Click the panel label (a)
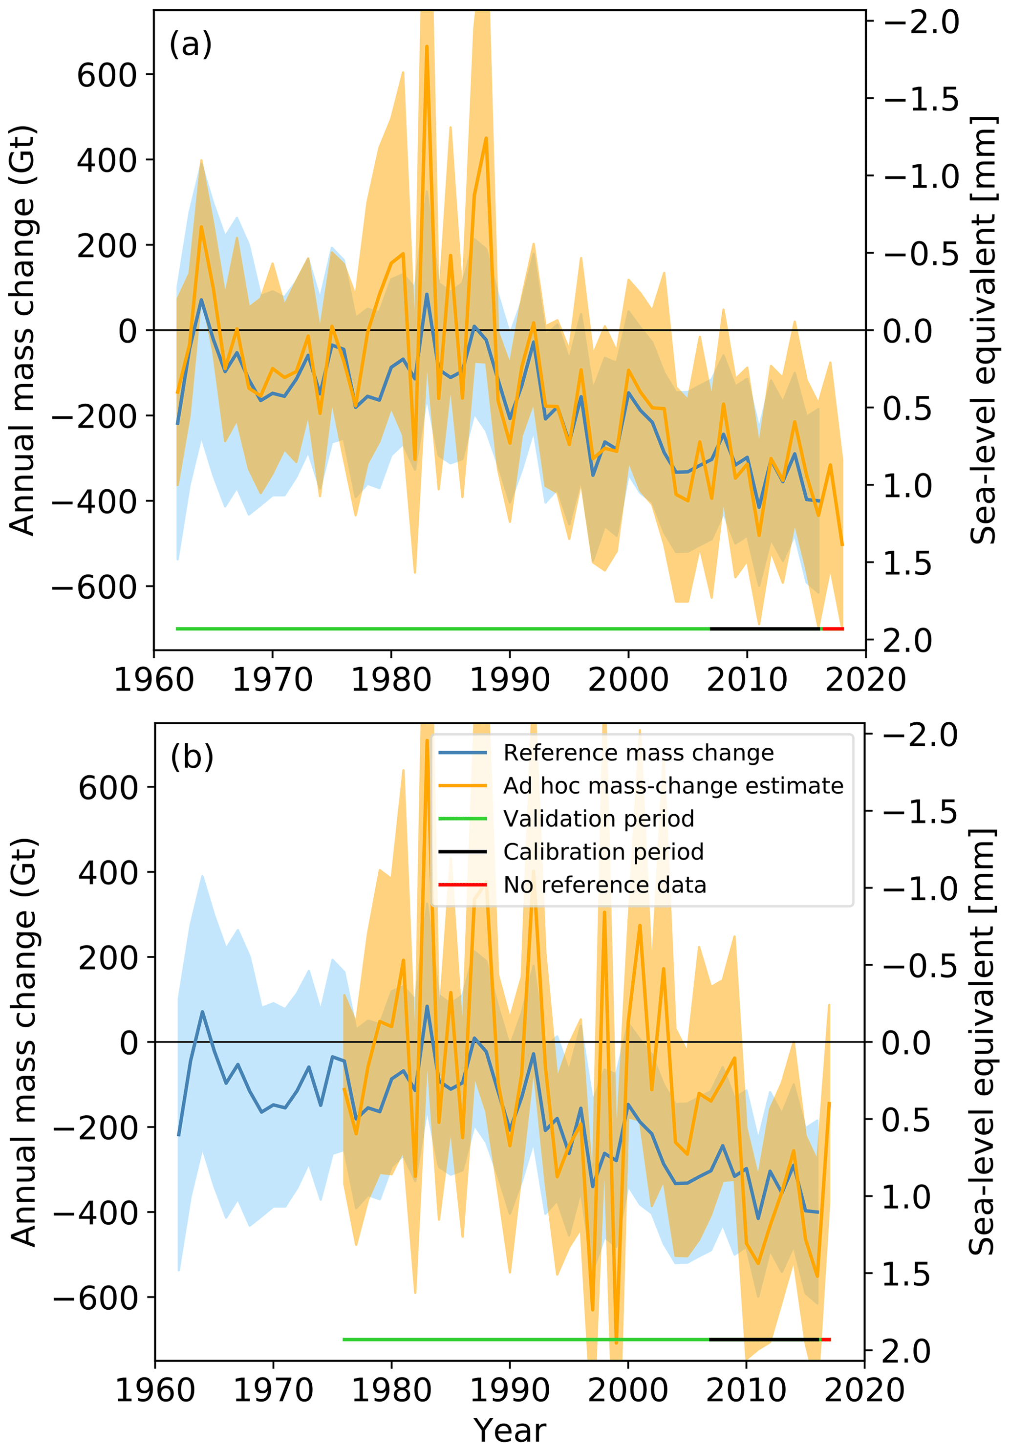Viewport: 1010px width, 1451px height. tap(190, 45)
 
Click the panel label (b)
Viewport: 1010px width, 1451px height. tap(192, 757)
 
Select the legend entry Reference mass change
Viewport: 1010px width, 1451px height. tap(638, 753)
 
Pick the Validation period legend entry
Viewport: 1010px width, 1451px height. tap(599, 819)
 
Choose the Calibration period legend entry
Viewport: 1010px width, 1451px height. tap(603, 852)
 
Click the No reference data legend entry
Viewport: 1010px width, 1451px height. tap(604, 885)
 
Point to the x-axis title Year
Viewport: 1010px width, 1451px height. tap(510, 1430)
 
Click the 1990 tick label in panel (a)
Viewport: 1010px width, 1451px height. tap(510, 680)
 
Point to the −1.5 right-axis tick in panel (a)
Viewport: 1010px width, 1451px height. tap(921, 99)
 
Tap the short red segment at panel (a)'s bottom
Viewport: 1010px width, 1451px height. tap(833, 629)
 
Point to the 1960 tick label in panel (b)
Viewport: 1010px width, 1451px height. tap(155, 1391)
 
